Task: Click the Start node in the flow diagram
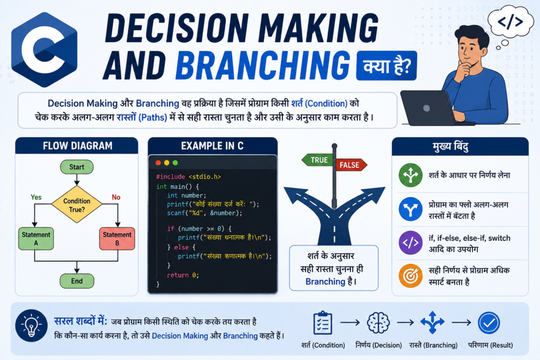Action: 76,167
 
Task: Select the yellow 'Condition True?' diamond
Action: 77,205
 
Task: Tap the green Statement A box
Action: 36,239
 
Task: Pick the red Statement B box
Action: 117,239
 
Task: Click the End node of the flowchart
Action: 77,281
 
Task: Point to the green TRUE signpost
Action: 317,160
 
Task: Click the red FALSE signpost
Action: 351,165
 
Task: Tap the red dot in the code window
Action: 158,163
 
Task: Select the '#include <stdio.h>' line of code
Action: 188,177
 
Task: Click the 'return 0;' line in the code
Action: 183,275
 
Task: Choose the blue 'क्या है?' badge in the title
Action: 387,66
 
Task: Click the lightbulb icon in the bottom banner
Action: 31,325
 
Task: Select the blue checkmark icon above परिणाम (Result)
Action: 489,323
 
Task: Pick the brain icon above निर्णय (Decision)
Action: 378,323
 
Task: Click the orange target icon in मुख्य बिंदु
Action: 410,276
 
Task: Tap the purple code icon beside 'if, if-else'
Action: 410,242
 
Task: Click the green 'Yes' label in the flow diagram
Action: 36,197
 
